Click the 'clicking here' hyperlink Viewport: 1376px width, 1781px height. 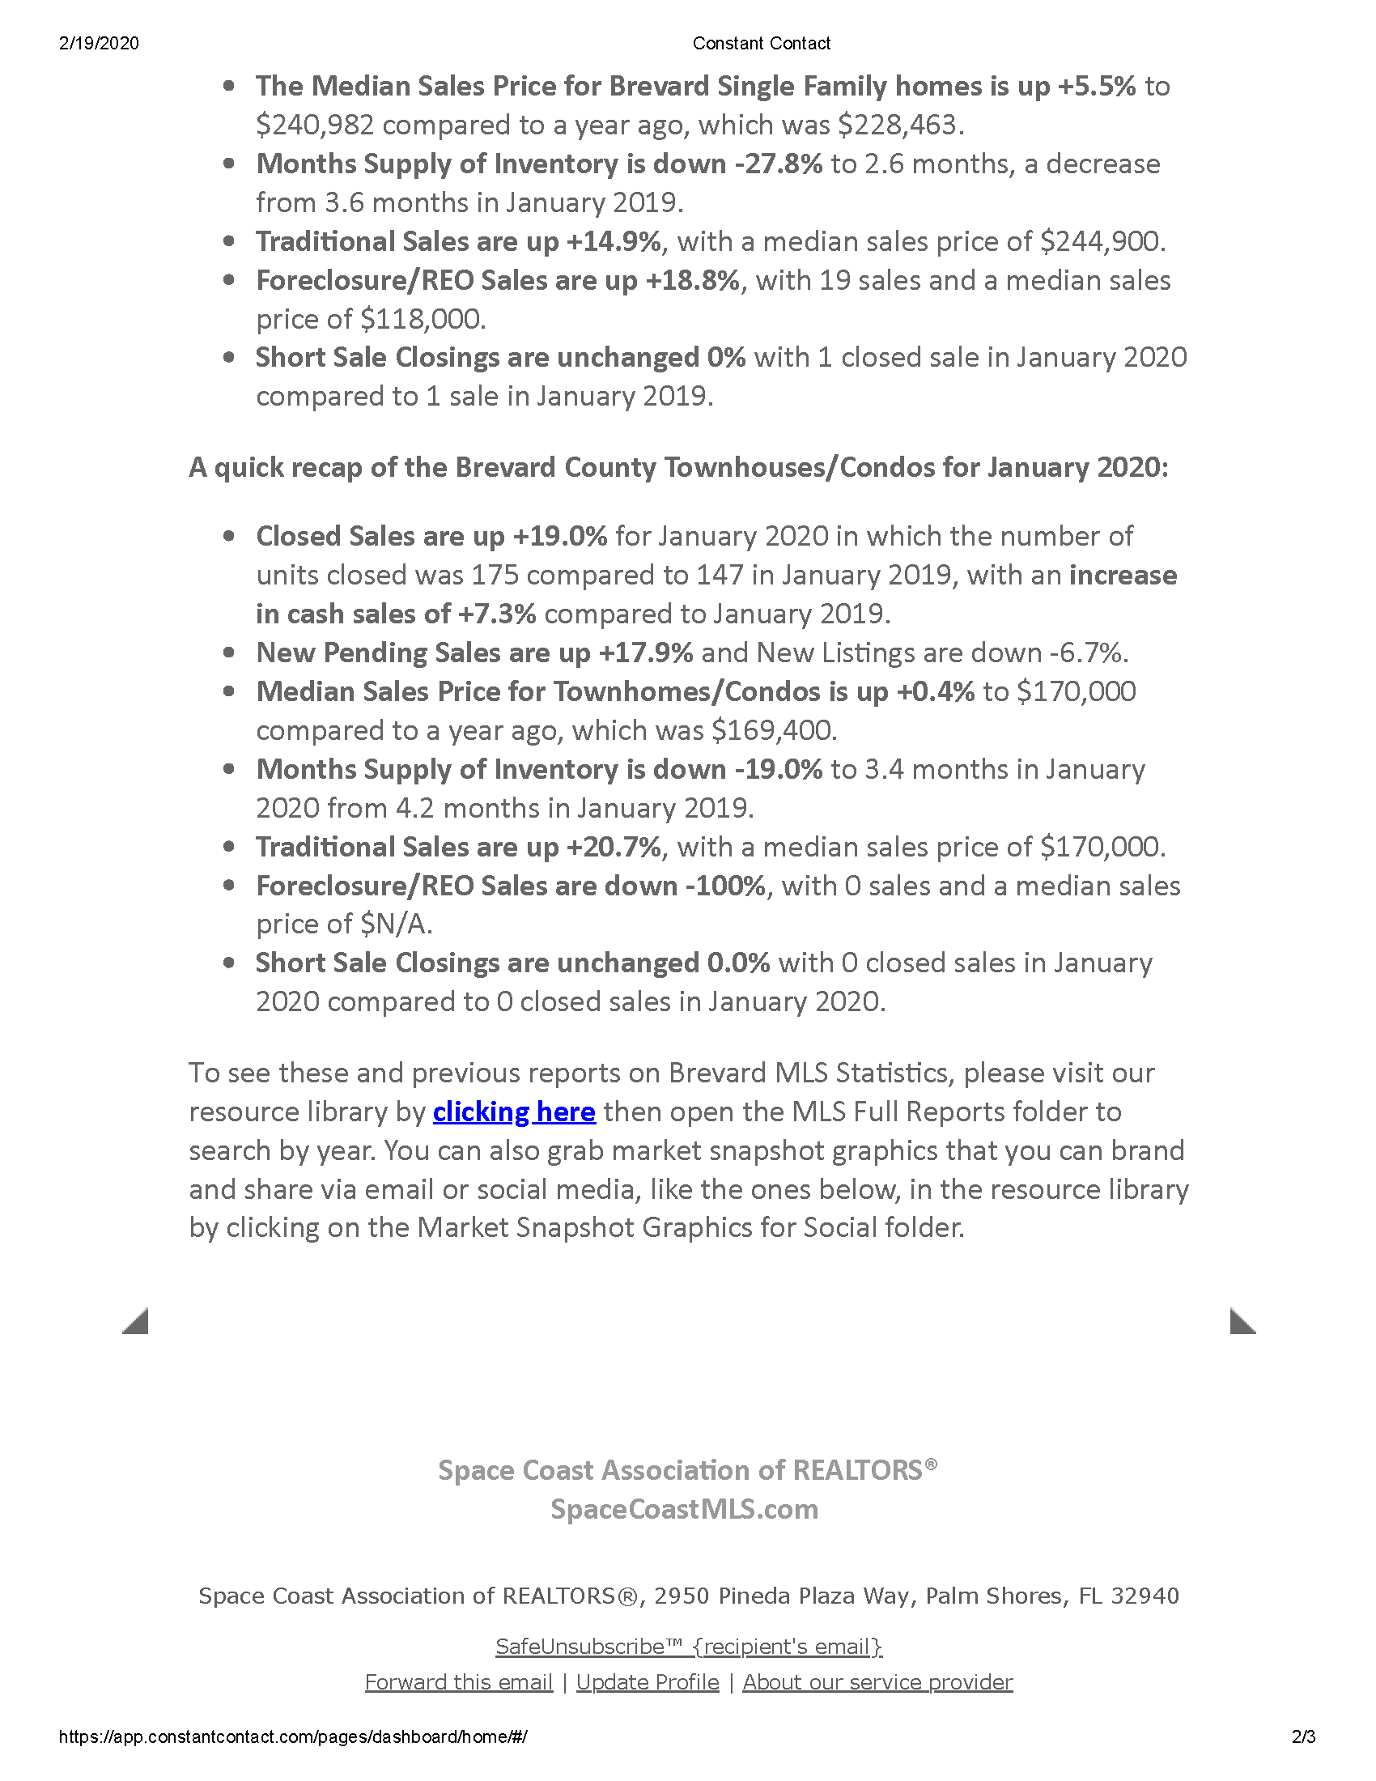click(x=513, y=1112)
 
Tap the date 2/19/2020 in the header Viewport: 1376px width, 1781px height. click(x=99, y=43)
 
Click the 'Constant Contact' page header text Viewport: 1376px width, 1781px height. click(x=762, y=43)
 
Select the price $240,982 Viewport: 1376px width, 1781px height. click(x=315, y=125)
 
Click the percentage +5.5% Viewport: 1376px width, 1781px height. click(x=1096, y=87)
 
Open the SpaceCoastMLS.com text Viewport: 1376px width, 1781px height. click(x=684, y=1510)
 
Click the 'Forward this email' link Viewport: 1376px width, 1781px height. click(x=458, y=1682)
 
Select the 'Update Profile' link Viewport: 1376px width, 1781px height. click(x=648, y=1682)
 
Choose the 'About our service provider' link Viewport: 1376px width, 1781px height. click(x=877, y=1682)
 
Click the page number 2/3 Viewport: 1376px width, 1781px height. click(x=1303, y=1737)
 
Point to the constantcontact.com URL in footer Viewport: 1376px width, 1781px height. click(x=293, y=1737)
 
